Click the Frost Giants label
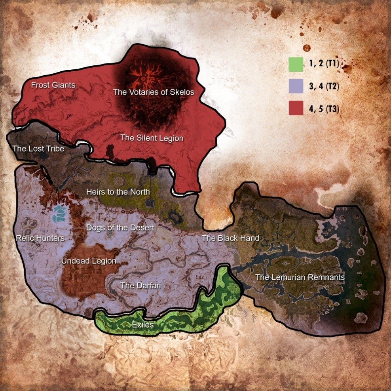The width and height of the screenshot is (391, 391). pyautogui.click(x=53, y=85)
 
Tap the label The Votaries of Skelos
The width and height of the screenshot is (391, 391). pyautogui.click(x=154, y=92)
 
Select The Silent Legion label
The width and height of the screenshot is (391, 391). pyautogui.click(x=152, y=138)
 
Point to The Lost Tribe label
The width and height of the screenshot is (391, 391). pyautogui.click(x=38, y=149)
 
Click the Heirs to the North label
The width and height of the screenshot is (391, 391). pyautogui.click(x=118, y=192)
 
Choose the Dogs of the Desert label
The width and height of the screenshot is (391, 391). pyautogui.click(x=120, y=228)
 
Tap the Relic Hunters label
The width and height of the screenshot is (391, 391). pyautogui.click(x=40, y=238)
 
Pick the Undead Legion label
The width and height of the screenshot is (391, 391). pyautogui.click(x=89, y=261)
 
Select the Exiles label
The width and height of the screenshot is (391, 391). pyautogui.click(x=143, y=325)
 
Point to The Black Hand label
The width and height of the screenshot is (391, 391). pyautogui.click(x=230, y=238)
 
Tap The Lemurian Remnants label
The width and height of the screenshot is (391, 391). pyautogui.click(x=300, y=277)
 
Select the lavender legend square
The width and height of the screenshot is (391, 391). pyautogui.click(x=296, y=86)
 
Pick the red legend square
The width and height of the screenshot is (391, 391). pyautogui.click(x=296, y=108)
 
